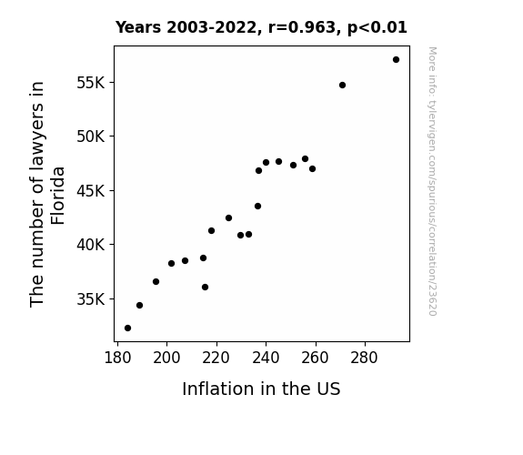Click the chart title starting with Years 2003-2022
261,27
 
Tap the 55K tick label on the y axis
91,83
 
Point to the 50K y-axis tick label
91,136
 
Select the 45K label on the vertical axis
91,191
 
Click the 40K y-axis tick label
91,245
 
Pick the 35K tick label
91,299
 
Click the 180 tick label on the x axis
117,358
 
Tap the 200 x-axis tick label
166,358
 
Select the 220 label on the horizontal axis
216,358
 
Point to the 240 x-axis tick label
266,358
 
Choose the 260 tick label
316,358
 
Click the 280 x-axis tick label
364,358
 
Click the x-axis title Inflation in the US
261,389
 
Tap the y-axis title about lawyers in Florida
46,194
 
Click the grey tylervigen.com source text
432,181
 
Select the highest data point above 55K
396,60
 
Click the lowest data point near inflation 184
127,329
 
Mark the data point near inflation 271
342,86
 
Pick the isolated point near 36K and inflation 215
206,287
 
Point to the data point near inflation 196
156,282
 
